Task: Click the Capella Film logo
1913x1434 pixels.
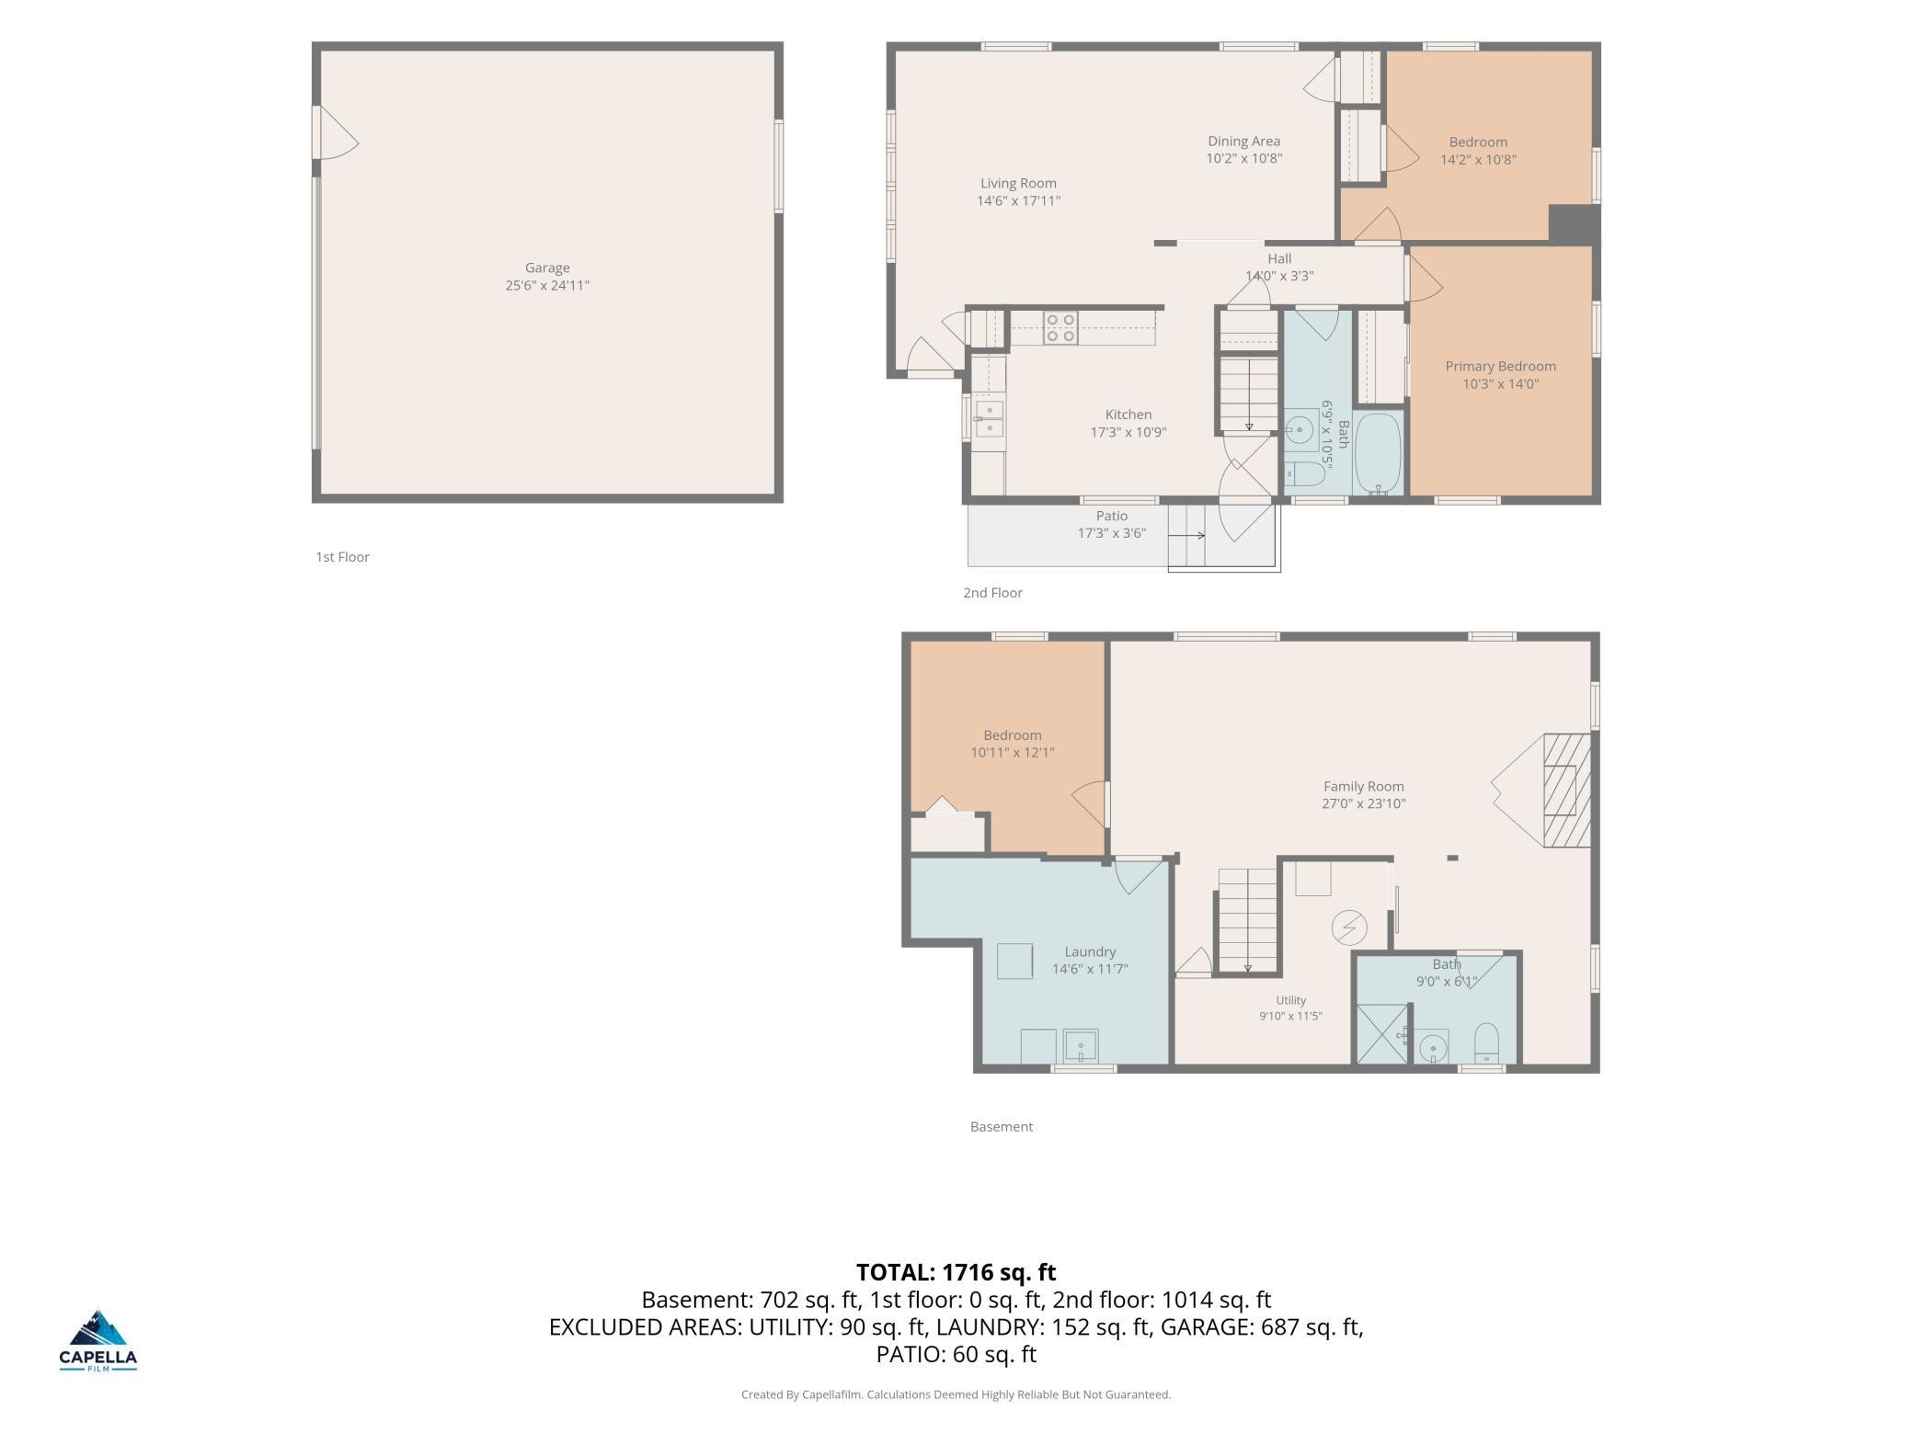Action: pos(98,1339)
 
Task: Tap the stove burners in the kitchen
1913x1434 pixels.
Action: pos(1060,328)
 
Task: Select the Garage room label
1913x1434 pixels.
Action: pos(547,268)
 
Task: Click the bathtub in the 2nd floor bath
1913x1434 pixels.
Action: pos(1377,454)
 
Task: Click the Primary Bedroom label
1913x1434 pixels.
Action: pos(1500,366)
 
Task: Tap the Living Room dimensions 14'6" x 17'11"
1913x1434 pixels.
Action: pos(1018,200)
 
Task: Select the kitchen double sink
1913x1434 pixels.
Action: pos(989,418)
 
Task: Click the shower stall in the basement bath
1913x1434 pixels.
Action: pos(1382,1035)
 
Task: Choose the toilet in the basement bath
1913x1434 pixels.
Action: pos(1486,1044)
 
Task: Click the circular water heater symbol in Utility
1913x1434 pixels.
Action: pos(1348,928)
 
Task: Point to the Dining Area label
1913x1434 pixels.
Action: pos(1243,142)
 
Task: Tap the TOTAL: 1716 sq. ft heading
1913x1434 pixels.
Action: pos(956,1272)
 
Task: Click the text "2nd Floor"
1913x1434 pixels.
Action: pos(992,593)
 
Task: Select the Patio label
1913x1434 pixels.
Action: pos(1111,516)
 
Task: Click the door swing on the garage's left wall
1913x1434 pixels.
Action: pos(337,132)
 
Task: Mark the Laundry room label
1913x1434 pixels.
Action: pos(1090,952)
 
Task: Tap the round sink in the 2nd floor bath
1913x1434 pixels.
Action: pos(1299,428)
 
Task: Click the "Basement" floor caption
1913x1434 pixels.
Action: pos(1002,1127)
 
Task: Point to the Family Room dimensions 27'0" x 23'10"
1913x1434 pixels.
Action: pos(1363,803)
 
